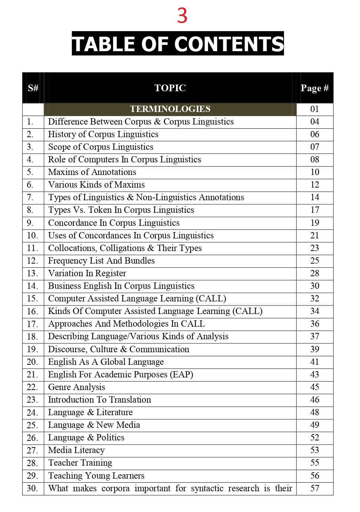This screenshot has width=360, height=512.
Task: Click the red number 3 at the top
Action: (182, 16)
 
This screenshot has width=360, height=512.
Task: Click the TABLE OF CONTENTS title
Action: (178, 44)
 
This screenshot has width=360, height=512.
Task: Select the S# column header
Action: (33, 88)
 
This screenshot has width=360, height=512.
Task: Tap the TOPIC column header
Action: (170, 88)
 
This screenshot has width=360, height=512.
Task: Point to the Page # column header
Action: (314, 88)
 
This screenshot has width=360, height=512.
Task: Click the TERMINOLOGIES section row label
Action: (170, 109)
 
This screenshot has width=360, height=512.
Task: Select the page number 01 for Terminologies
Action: (314, 109)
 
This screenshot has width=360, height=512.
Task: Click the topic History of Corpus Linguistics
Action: (103, 134)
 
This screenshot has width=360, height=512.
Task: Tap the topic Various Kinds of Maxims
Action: (96, 185)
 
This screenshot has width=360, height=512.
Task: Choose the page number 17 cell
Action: (314, 210)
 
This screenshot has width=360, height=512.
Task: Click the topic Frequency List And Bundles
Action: (101, 261)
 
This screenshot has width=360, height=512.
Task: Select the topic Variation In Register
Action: (87, 273)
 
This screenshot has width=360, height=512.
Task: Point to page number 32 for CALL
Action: (314, 298)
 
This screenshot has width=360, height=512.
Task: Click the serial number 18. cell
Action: (32, 337)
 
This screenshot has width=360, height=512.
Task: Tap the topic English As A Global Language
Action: (106, 362)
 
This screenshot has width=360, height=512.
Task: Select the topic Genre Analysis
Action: (76, 387)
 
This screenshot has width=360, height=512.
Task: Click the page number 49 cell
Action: (314, 425)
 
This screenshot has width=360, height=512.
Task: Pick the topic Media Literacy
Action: (76, 450)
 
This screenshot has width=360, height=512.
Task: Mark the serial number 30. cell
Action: (32, 488)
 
